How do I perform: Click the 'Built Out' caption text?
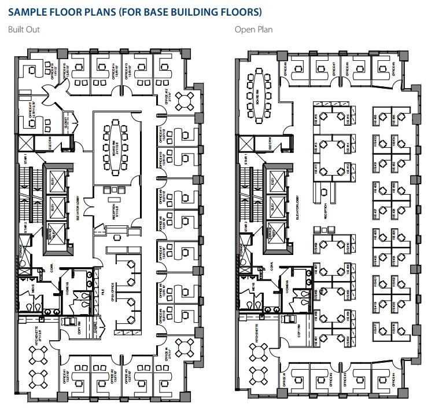point(23,30)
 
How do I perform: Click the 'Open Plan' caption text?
point(253,30)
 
